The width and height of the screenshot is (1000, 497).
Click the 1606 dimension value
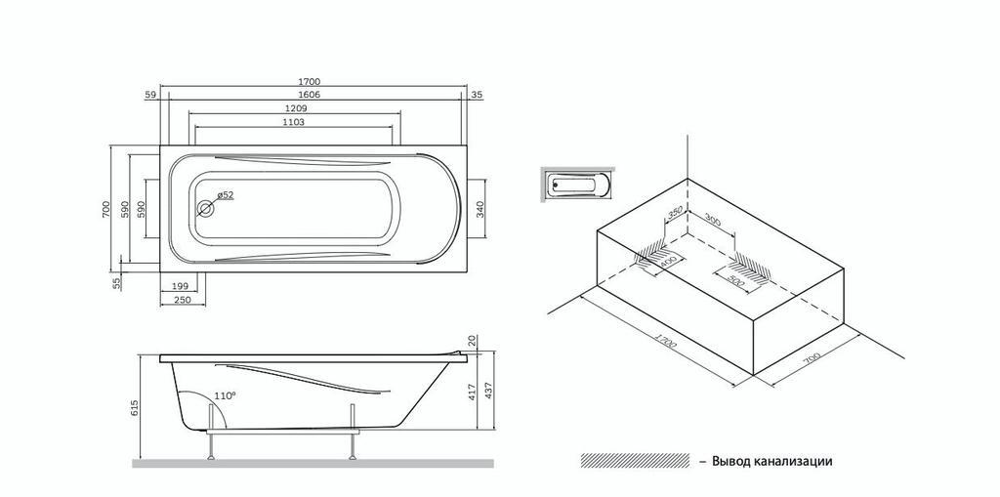coord(309,95)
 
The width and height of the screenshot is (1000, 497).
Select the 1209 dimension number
coord(297,108)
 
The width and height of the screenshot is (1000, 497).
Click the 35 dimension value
coord(477,95)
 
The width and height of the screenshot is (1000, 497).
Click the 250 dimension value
coord(181,301)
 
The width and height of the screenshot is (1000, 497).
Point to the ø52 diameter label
coord(226,195)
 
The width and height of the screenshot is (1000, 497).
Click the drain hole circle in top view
coord(206,208)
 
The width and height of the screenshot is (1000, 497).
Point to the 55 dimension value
coord(117,283)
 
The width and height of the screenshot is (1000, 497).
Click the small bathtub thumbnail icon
coord(577,184)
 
